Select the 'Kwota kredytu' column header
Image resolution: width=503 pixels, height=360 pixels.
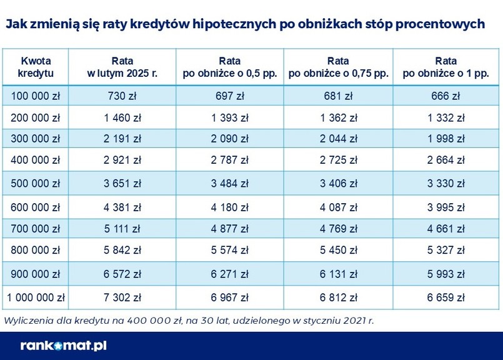36,67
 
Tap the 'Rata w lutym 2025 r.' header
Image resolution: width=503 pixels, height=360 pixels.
122,67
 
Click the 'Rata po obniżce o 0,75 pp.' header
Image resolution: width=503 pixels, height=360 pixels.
338,67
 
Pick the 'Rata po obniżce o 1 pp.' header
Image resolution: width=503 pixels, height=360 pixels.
446,67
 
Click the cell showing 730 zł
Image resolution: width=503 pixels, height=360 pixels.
122,96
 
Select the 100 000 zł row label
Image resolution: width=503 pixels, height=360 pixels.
36,96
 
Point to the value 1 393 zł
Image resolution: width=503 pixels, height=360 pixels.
230,117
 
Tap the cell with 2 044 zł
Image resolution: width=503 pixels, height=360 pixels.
338,138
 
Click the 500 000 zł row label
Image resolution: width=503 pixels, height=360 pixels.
36,184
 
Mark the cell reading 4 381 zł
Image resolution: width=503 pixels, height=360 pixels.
122,207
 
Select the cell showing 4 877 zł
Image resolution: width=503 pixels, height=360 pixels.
230,227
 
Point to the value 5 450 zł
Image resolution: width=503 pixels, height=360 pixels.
338,249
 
